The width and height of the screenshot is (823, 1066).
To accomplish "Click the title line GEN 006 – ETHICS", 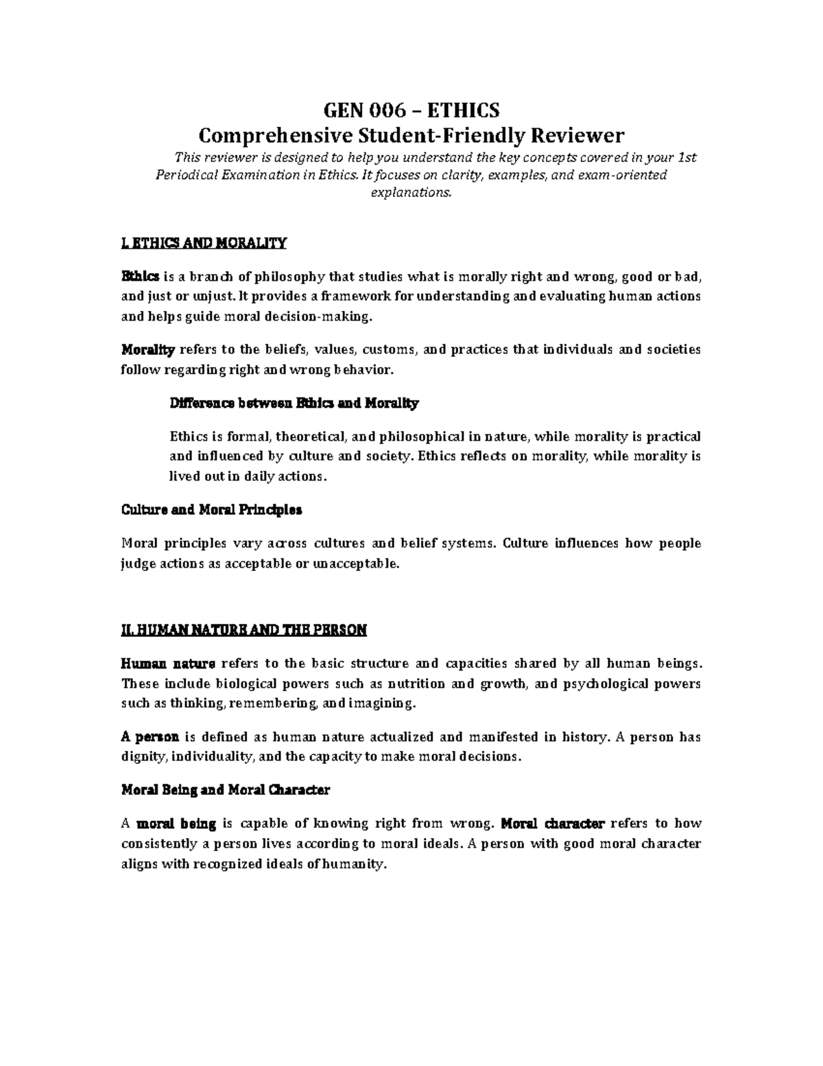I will [x=411, y=110].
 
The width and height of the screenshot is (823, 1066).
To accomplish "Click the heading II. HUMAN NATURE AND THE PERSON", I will [x=244, y=629].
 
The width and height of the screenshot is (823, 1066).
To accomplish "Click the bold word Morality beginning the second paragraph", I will [x=148, y=349].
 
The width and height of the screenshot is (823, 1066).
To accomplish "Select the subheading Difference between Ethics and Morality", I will [x=294, y=404].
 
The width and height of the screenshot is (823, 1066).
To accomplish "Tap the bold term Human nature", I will [x=168, y=663].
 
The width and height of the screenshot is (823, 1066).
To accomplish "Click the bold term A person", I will [x=150, y=737].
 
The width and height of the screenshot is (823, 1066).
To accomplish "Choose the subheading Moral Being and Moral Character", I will [x=225, y=790].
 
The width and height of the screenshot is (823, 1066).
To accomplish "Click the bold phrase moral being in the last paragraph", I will [x=177, y=823].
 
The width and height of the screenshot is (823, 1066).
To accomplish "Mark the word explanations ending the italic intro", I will [x=411, y=192].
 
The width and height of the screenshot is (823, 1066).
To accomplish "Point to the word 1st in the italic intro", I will [x=687, y=157].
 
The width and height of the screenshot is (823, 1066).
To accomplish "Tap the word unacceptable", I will [x=355, y=564].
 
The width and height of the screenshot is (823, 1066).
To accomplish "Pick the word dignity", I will [x=143, y=757].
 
